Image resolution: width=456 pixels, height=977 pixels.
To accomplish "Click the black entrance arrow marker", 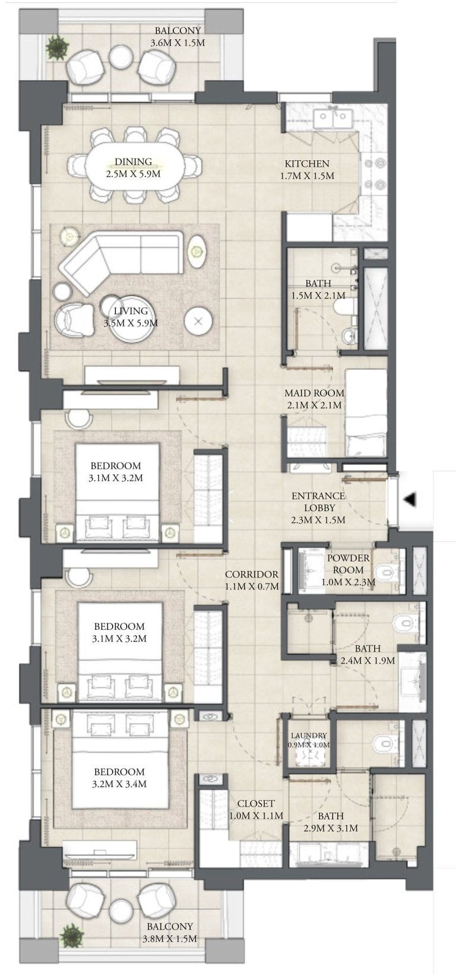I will click(x=409, y=500).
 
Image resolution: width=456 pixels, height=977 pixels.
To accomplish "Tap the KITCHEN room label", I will click(x=306, y=164).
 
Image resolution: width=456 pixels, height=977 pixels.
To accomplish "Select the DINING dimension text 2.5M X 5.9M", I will click(x=133, y=174).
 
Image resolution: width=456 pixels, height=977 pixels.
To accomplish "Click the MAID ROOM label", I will click(x=313, y=393).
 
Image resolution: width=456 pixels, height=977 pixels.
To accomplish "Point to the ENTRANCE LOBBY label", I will click(x=318, y=502).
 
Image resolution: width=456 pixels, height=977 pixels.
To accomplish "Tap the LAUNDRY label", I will click(x=309, y=735).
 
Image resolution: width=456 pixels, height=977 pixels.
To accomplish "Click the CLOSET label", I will click(x=256, y=804).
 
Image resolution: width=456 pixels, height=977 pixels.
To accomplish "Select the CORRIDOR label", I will click(x=251, y=574).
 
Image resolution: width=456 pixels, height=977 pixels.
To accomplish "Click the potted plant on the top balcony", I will click(x=58, y=46).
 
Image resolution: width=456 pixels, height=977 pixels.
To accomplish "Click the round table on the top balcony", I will click(x=121, y=57).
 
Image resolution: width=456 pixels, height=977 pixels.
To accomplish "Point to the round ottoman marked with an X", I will click(x=198, y=322).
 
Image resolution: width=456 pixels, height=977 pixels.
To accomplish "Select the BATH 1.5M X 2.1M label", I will click(x=318, y=289).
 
